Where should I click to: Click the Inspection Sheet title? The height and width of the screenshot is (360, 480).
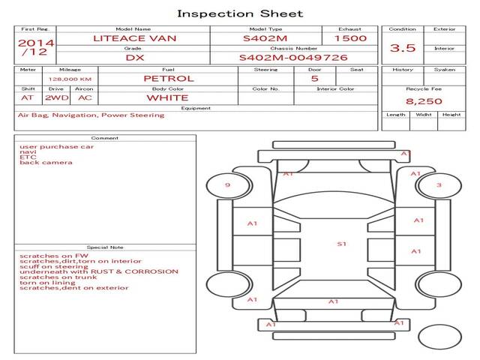coord(240,13)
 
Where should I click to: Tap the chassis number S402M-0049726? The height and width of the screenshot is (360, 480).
coord(293,57)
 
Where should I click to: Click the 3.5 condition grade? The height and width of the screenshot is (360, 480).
coord(403,47)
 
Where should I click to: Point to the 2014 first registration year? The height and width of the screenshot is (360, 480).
coord(35,43)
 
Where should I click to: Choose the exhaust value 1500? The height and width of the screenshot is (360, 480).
coord(350,37)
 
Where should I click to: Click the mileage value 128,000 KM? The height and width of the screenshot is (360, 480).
coord(70,79)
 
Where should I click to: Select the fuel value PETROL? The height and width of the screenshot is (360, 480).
coord(168,78)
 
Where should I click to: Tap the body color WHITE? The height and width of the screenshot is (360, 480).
coord(167,97)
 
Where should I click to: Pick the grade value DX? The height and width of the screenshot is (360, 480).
coord(134,57)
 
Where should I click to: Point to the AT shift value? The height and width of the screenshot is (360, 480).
coord(28,97)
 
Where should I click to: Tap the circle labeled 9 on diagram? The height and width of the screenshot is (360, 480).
coord(227,185)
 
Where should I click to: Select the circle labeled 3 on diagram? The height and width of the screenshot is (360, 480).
coord(439,185)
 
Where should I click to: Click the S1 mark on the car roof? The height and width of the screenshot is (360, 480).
coord(341,244)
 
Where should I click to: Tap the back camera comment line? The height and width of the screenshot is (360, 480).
coord(46,163)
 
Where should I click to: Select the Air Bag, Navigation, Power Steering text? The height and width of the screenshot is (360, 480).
coord(91,115)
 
